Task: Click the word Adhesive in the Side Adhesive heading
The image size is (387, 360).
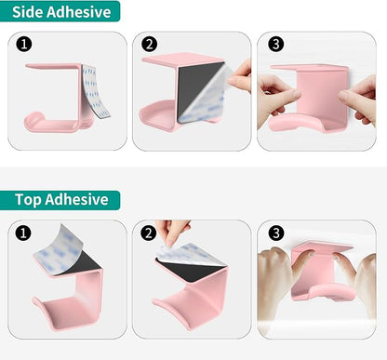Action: click(79, 12)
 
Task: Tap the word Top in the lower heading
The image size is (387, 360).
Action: click(28, 200)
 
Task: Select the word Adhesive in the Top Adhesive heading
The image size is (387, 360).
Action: click(76, 199)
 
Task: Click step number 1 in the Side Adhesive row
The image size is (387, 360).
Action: click(24, 44)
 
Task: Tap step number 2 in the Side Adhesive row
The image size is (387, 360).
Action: click(150, 44)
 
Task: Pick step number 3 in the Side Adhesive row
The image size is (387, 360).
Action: click(275, 44)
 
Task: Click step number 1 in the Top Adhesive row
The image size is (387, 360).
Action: click(23, 233)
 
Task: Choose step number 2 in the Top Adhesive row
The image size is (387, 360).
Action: click(149, 233)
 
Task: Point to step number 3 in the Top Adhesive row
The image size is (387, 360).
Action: click(275, 233)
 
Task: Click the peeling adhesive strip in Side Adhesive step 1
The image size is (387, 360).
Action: click(94, 91)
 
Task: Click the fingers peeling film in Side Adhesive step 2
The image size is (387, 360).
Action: click(240, 76)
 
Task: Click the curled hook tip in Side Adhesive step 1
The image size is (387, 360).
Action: click(33, 118)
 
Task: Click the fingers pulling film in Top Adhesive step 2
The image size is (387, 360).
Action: click(172, 232)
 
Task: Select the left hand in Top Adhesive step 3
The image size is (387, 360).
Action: click(277, 279)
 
